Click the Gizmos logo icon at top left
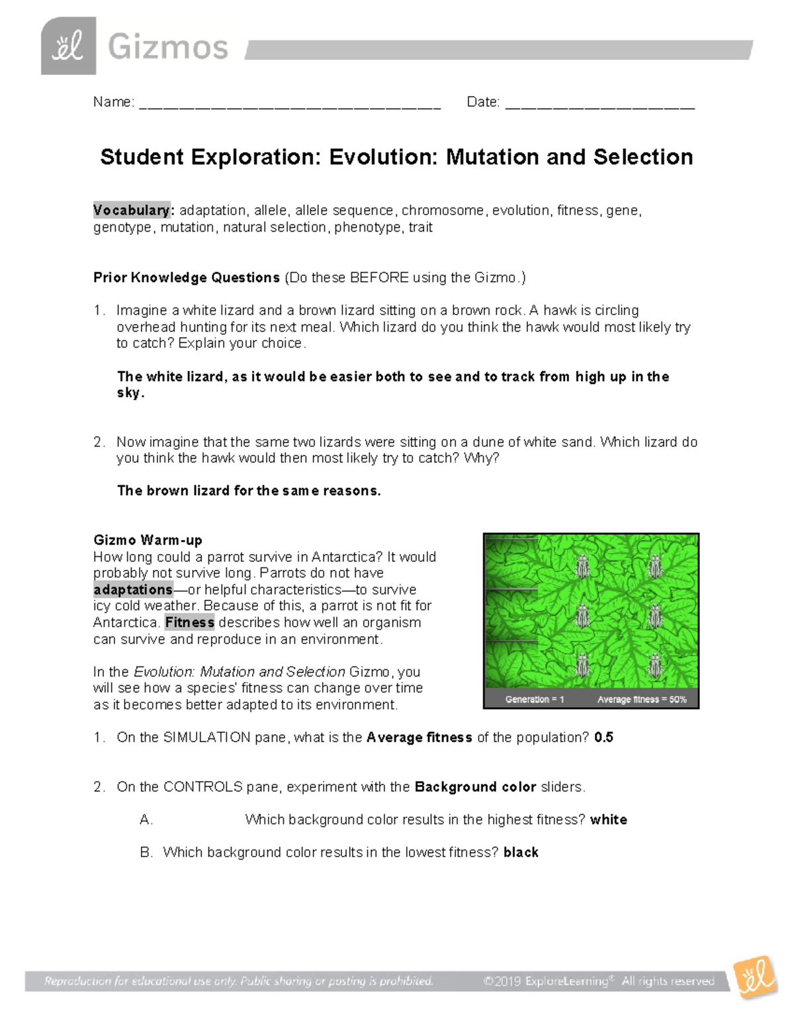click(68, 46)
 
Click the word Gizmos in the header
click(167, 48)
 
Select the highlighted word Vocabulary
click(132, 210)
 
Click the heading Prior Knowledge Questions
click(187, 277)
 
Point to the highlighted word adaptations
click(133, 590)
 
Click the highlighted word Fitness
click(189, 622)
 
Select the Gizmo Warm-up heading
click(148, 540)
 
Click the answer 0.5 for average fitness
click(603, 737)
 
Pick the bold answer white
click(608, 819)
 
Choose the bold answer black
click(521, 853)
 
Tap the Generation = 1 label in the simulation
click(535, 699)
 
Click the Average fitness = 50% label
click(642, 699)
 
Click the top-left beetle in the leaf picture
click(582, 566)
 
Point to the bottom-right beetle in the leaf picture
click(654, 664)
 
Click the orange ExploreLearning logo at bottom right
click(756, 976)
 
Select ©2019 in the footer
click(502, 981)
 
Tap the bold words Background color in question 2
click(475, 787)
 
